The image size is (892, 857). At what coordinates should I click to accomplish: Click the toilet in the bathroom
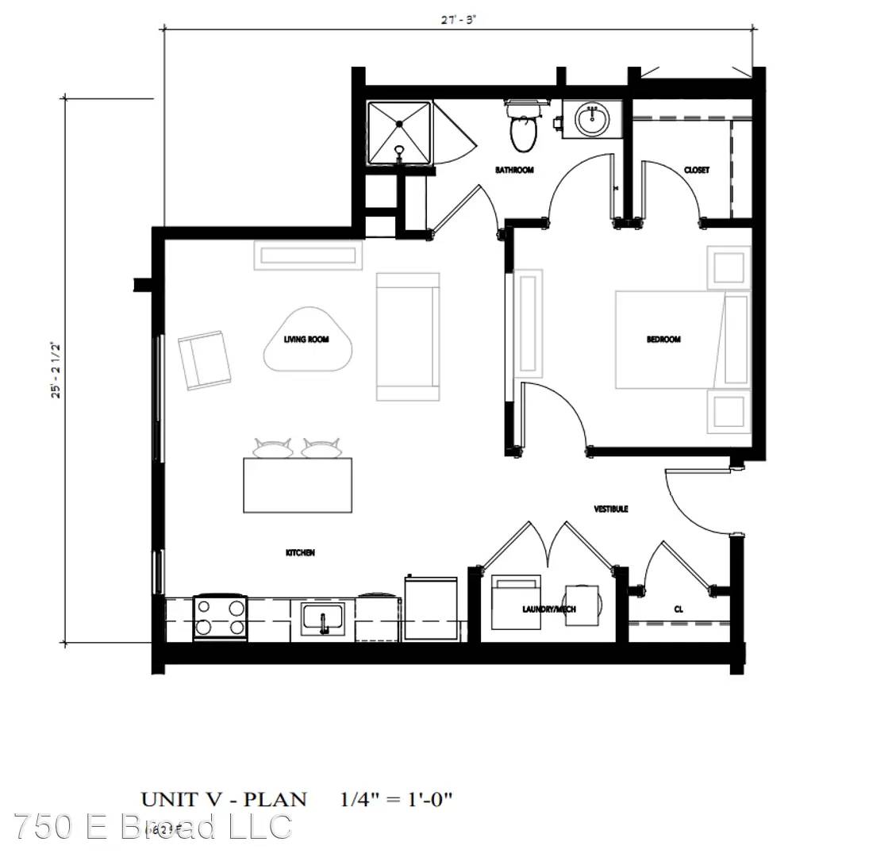click(522, 131)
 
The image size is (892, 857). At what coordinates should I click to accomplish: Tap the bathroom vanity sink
click(590, 120)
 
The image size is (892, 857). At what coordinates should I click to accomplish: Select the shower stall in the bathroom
click(399, 133)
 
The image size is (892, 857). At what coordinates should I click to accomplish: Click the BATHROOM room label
click(514, 170)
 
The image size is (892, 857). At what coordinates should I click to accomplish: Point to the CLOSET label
click(696, 171)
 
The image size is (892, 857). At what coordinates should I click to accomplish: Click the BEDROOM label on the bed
click(663, 340)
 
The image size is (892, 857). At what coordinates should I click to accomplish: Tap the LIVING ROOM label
click(306, 340)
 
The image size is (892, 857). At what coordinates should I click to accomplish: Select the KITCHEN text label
click(300, 552)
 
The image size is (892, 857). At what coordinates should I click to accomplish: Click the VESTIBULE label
click(611, 509)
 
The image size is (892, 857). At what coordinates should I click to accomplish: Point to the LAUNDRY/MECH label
click(549, 609)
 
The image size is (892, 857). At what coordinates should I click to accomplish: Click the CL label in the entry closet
click(679, 609)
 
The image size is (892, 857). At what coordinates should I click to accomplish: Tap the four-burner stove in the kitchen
click(220, 617)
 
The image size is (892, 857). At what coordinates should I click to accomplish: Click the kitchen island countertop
click(298, 486)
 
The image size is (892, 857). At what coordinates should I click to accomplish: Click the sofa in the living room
click(408, 336)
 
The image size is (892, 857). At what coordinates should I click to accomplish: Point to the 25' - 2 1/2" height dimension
click(56, 370)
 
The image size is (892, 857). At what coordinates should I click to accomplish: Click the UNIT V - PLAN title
click(224, 798)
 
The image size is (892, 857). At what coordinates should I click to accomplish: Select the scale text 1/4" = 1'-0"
click(396, 798)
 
